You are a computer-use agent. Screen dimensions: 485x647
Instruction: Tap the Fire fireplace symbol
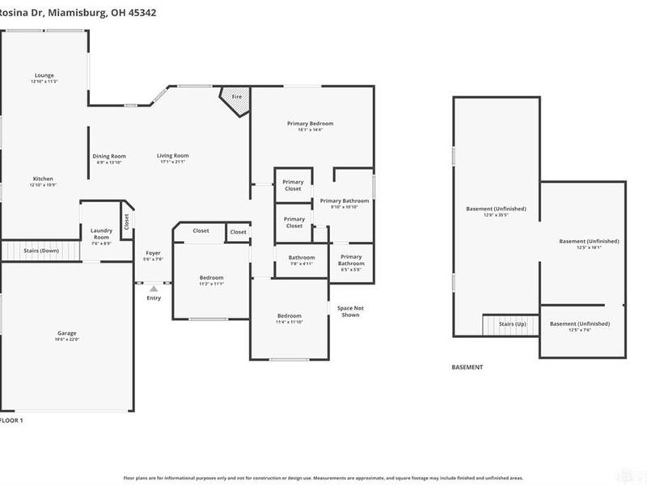(x=237, y=98)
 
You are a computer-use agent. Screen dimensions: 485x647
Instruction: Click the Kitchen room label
(x=43, y=181)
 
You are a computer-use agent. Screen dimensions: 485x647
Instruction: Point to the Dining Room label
(x=108, y=158)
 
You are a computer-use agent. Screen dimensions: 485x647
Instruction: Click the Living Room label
(x=172, y=158)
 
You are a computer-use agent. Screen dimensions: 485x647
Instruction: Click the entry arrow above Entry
(x=154, y=288)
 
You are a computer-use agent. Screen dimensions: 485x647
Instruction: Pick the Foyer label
(x=153, y=255)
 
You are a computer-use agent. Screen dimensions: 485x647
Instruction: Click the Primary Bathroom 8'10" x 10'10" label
(x=345, y=203)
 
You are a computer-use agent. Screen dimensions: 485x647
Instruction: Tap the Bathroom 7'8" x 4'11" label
(x=302, y=259)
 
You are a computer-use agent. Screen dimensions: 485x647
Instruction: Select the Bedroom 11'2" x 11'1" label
(x=211, y=280)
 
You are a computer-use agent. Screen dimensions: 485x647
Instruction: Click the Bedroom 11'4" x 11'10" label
(x=289, y=318)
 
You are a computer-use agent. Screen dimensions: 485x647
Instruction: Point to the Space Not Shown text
(x=350, y=311)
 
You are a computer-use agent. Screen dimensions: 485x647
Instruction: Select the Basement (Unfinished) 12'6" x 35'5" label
(x=496, y=212)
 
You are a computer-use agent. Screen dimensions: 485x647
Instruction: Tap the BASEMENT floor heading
(x=467, y=367)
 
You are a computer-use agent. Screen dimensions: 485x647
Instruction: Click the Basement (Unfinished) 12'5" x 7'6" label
(x=579, y=327)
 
